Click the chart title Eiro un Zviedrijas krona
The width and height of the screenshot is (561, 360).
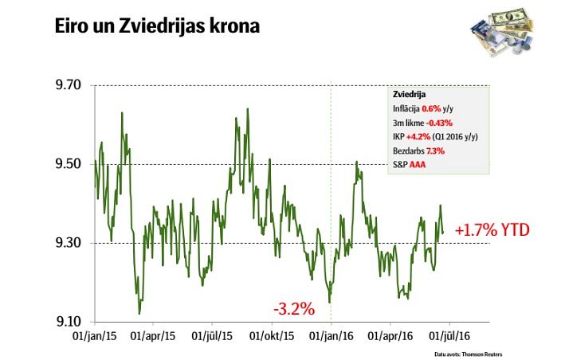(x=157, y=26)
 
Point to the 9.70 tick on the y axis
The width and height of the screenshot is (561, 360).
(x=67, y=85)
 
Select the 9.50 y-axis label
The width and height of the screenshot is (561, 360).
(x=67, y=164)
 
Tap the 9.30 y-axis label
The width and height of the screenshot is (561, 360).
(x=67, y=243)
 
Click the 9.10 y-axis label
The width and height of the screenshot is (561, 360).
(x=67, y=322)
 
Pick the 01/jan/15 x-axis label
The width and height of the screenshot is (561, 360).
(x=95, y=337)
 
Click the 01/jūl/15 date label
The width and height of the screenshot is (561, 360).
(x=213, y=337)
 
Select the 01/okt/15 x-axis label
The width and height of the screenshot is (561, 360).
(x=273, y=337)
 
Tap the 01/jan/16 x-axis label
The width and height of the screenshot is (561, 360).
(x=331, y=337)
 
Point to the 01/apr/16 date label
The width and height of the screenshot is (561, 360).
(x=390, y=337)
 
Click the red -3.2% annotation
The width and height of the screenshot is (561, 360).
(x=294, y=307)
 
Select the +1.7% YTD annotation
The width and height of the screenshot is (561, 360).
(x=492, y=231)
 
